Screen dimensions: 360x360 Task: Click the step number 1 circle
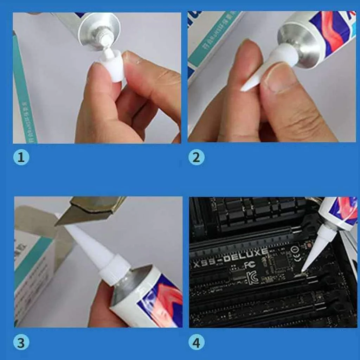pyautogui.click(x=21, y=157)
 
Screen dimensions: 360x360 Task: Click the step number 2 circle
pyautogui.click(x=196, y=157)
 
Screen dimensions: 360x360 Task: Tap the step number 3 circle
pyautogui.click(x=21, y=343)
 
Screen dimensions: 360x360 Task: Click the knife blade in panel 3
pyautogui.click(x=84, y=211)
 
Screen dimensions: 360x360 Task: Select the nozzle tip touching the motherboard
pyautogui.click(x=303, y=271)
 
